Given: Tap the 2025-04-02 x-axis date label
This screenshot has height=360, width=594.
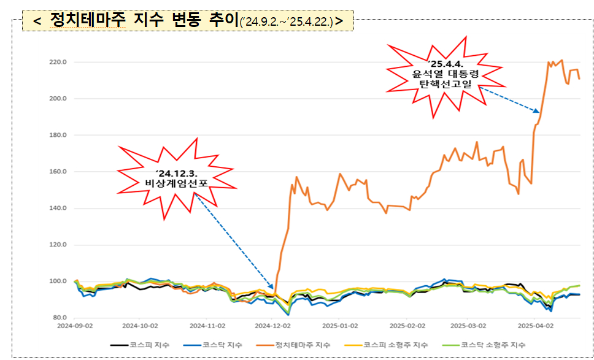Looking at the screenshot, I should point(536,326).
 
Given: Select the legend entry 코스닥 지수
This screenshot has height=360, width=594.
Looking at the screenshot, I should point(222,345).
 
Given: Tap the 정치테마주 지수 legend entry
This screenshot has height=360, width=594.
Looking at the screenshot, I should point(303,345).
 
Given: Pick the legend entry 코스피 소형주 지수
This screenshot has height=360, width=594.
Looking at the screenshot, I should point(395,345).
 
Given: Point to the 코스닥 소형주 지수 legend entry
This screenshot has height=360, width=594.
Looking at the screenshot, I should point(493,345).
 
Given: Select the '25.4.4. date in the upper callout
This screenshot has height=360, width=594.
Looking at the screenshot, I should point(445,64).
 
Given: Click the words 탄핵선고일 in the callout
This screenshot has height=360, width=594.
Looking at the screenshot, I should point(446,85).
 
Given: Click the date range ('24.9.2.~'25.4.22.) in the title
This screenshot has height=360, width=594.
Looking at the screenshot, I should point(287,23).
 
